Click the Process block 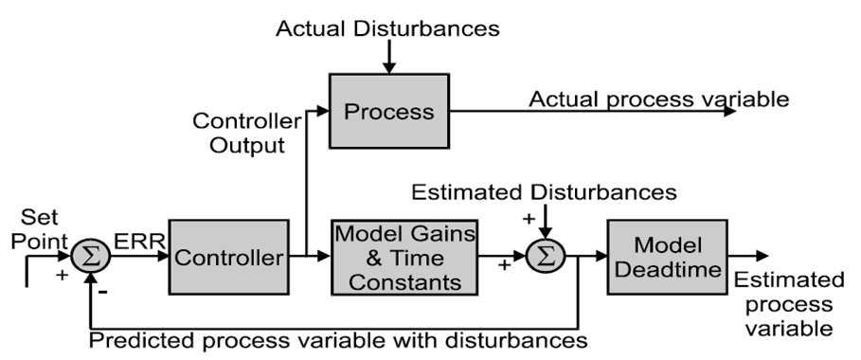point(388,112)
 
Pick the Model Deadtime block point(668,255)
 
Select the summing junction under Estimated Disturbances point(547,256)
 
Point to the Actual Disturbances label point(387,28)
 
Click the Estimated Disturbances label point(545,192)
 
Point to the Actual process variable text point(657,99)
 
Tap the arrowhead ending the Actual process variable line point(729,111)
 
